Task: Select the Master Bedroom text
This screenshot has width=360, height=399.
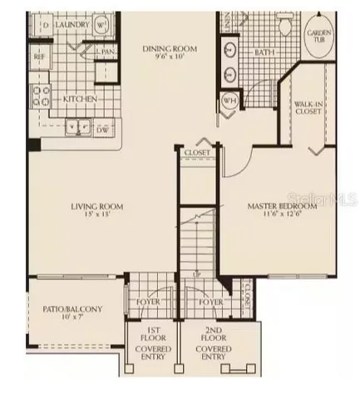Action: tap(282, 205)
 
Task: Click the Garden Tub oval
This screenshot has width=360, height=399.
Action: tap(320, 32)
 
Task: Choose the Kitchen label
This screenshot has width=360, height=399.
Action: tap(81, 100)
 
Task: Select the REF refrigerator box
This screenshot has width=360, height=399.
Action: tap(38, 57)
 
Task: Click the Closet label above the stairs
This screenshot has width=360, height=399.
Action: tap(197, 153)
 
